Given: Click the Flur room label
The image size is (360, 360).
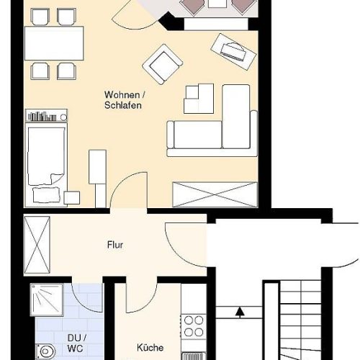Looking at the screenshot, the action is [115, 245].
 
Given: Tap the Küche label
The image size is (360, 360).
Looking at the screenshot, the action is [150, 347].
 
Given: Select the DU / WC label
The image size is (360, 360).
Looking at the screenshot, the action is [76, 343].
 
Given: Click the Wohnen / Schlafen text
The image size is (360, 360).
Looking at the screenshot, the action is [125, 100].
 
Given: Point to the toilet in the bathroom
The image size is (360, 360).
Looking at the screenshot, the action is [45, 352].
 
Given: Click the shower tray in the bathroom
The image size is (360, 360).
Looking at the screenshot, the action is [47, 300].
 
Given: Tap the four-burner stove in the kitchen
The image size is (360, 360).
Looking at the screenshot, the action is [194, 326].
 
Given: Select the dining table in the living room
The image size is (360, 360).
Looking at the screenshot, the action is [54, 43].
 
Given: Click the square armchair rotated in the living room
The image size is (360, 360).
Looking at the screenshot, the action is [163, 64].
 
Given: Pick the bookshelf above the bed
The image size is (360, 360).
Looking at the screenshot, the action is [46, 115].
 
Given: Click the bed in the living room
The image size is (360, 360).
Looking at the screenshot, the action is [46, 164].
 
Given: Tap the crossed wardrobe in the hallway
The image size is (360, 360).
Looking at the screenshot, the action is [37, 245].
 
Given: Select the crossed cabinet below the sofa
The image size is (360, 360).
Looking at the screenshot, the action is [215, 194].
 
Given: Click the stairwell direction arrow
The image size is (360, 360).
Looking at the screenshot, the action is [240, 312].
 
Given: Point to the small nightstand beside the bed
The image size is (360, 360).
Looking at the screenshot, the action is [72, 198].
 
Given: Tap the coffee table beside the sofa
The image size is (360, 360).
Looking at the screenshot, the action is [199, 99].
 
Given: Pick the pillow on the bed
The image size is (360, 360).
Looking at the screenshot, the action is [46, 194].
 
